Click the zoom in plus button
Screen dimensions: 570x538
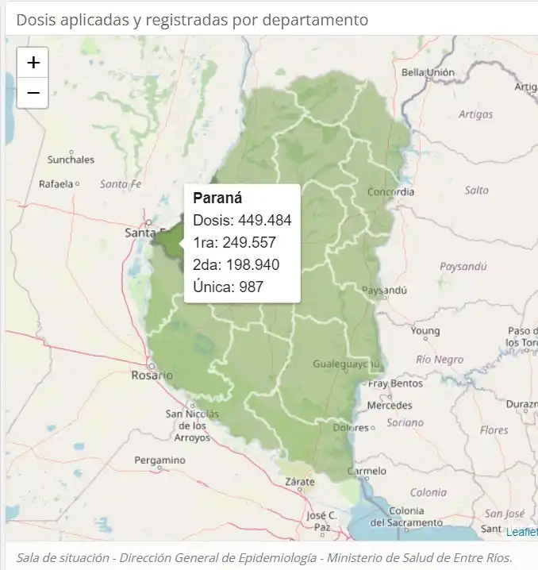pos(33,63)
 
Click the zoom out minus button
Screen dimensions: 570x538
pos(33,93)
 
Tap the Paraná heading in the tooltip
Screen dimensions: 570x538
pos(217,198)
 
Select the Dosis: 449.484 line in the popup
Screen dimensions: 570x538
pos(242,220)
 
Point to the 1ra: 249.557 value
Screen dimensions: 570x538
pos(234,242)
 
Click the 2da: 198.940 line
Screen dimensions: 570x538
pos(236,264)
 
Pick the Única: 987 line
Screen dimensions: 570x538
pos(228,287)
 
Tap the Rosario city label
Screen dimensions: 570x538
pos(152,375)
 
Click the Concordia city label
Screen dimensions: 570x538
pos(390,192)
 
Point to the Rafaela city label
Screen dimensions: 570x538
pos(56,184)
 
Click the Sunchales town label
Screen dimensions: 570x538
pos(71,160)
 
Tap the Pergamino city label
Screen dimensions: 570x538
pos(159,460)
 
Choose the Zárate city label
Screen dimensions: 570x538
pos(301,482)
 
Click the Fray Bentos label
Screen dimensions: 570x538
pos(396,383)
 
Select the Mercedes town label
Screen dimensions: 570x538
pos(390,405)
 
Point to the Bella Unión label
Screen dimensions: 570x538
pos(428,72)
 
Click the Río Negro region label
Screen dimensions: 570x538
pos(440,360)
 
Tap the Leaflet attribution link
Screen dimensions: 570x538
pos(521,531)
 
